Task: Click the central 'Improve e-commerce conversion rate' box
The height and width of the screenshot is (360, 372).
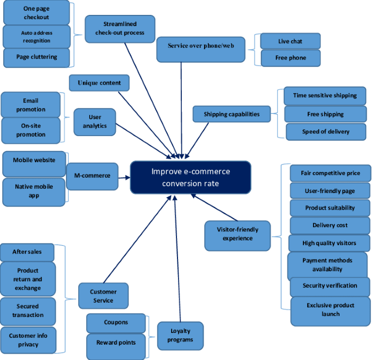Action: click(x=190, y=178)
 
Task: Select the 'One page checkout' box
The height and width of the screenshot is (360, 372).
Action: click(x=36, y=13)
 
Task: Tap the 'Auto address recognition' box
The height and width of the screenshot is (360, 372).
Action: click(x=37, y=37)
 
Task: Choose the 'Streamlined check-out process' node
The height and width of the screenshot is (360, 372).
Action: click(x=120, y=29)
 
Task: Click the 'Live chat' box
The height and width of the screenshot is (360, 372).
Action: click(x=290, y=41)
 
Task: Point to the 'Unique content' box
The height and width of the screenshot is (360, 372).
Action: click(x=99, y=83)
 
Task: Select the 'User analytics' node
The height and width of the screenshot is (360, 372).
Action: click(x=95, y=122)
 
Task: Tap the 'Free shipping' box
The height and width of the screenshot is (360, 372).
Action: click(x=325, y=114)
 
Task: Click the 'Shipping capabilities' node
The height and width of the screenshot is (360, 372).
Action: click(x=232, y=114)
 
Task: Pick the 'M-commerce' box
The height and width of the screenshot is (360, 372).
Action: click(x=92, y=176)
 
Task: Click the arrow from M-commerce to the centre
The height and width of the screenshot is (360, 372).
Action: click(x=124, y=178)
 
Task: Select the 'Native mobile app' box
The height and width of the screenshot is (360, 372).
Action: click(x=33, y=192)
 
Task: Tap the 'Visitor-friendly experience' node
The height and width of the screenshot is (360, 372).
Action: click(x=238, y=236)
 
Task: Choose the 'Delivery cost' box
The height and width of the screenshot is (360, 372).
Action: click(x=330, y=225)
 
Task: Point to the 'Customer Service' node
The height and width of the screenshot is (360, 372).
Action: click(x=103, y=296)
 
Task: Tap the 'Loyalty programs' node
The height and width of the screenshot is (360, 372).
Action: click(x=180, y=336)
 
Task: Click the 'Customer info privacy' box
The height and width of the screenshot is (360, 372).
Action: click(x=28, y=340)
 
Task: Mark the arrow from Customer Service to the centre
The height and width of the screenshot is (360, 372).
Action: click(x=137, y=239)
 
